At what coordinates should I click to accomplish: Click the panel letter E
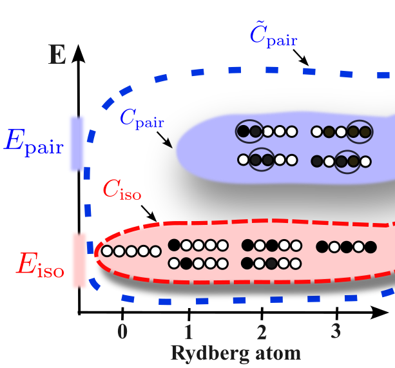point(57,55)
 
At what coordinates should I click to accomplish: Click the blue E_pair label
point(34,141)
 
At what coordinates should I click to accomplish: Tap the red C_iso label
point(122,190)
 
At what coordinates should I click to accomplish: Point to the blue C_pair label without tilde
point(141,118)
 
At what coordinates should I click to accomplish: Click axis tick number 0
point(122,332)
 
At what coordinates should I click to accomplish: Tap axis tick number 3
point(336,332)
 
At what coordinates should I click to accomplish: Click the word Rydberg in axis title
point(208,354)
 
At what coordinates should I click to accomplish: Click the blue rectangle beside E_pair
point(77,143)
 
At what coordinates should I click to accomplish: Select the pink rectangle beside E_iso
point(79,260)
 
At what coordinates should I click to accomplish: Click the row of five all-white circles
point(131,251)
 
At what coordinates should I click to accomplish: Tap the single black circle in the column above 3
point(322,247)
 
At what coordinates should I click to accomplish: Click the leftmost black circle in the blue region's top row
point(244,131)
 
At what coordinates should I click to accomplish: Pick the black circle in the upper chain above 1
point(173,245)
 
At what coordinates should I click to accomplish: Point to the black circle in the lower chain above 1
point(186,263)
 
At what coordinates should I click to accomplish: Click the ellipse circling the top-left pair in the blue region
point(249,131)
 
